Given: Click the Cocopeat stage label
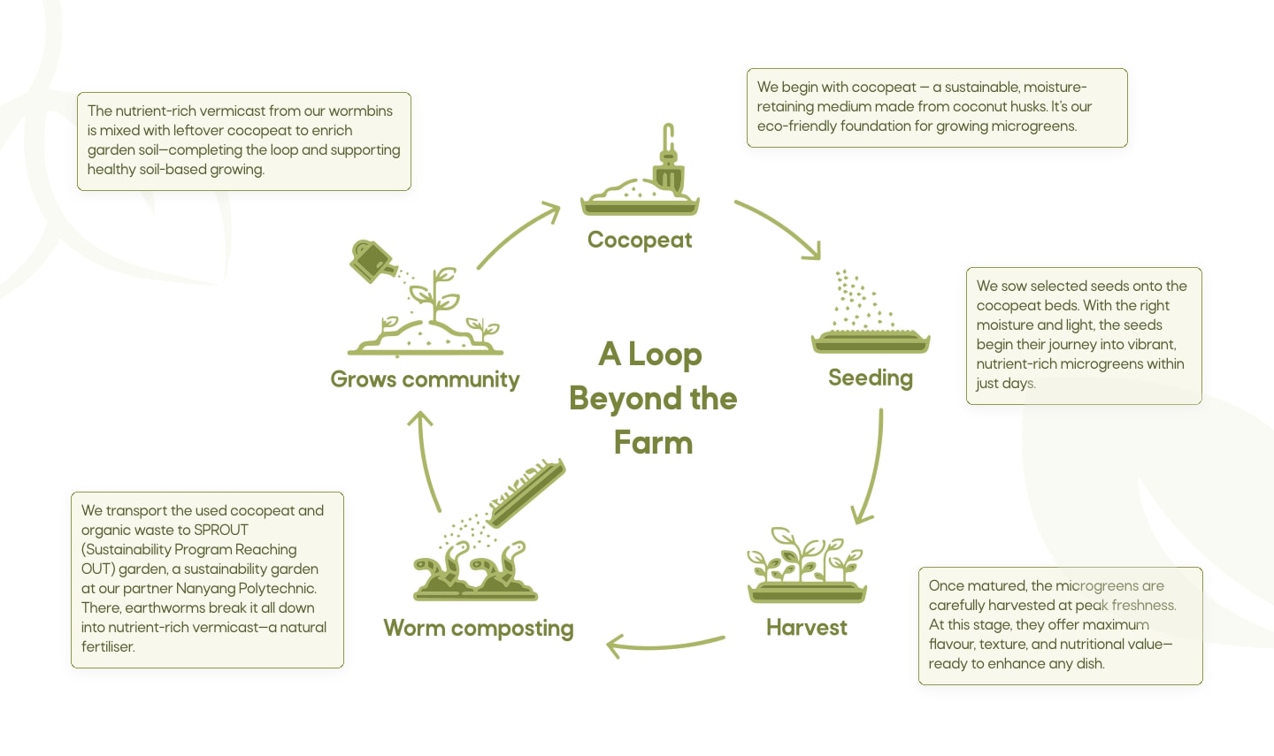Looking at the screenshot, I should [x=640, y=240].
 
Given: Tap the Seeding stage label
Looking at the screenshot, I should [x=870, y=378].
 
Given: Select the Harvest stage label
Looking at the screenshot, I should [x=806, y=627].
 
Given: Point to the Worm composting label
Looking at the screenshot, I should [x=479, y=628].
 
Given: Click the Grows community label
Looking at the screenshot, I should [x=425, y=379].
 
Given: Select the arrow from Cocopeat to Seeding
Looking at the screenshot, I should [x=779, y=229].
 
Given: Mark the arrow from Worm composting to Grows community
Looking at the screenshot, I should [x=426, y=460].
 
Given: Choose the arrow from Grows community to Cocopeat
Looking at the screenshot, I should [x=518, y=234].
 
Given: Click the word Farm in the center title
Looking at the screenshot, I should [x=653, y=442].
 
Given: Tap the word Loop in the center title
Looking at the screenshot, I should [x=664, y=355].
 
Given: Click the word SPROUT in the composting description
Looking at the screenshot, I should [x=221, y=530].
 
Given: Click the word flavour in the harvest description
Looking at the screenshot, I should [x=951, y=644].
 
